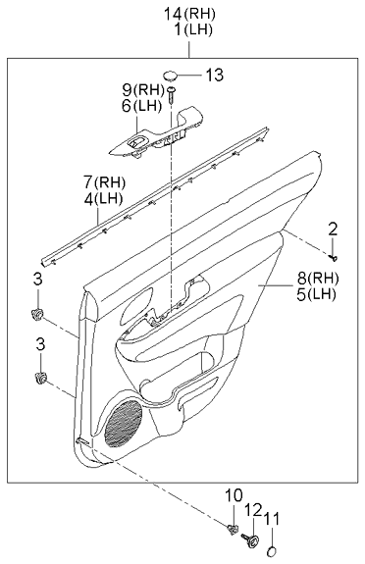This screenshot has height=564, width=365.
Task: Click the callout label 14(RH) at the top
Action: (182, 14)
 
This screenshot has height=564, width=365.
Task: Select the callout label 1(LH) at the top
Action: (182, 30)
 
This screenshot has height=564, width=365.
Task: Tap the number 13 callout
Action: (215, 76)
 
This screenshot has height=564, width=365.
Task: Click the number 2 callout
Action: (333, 229)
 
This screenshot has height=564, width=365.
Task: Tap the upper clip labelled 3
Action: (40, 313)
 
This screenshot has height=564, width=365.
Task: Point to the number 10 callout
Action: (234, 495)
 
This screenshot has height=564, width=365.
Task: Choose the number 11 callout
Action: (272, 518)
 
